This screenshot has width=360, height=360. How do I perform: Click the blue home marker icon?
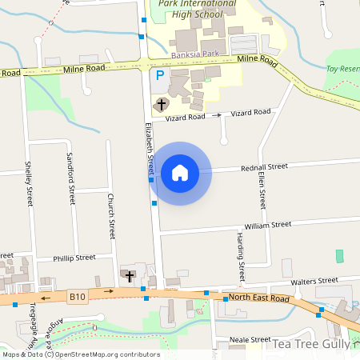click(180, 172)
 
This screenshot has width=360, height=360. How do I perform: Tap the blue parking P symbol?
click(160, 76)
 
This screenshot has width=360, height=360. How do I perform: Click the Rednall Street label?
click(264, 167)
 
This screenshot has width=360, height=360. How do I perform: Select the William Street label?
click(268, 226)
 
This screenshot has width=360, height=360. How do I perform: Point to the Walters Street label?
click(314, 281)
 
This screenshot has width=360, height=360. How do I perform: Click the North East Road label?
click(258, 298)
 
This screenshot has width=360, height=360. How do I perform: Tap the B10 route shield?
click(77, 297)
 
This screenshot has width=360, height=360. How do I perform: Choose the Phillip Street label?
click(74, 258)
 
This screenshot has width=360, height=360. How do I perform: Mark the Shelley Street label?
click(29, 183)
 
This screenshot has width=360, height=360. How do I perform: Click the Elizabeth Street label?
click(149, 148)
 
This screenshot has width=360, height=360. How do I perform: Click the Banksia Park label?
click(189, 56)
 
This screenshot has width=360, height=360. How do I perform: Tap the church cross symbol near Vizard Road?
click(161, 104)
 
